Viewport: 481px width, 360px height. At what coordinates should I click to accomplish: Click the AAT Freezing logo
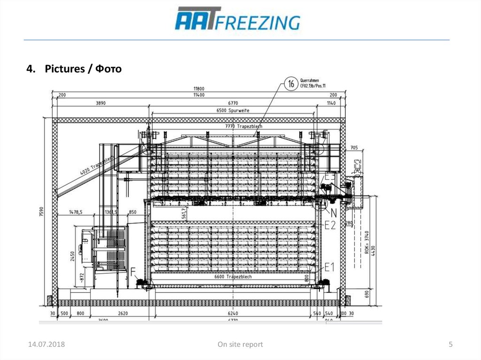pos(237,20)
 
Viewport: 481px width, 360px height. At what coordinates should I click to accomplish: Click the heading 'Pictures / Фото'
pos(74,69)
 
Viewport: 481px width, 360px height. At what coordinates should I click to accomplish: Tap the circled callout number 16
pos(291,84)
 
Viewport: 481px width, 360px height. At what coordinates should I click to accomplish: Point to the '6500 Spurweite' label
pos(233,110)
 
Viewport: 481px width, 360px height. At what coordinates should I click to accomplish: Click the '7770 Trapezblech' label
pos(243,126)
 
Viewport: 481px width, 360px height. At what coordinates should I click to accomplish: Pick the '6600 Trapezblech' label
pos(233,277)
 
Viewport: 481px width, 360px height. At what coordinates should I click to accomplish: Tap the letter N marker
pos(334,212)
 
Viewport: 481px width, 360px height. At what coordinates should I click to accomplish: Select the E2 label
pos(330,225)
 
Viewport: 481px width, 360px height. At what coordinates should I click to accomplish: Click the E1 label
pos(329,267)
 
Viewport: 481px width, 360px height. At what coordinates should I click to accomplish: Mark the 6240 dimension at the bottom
pos(233,313)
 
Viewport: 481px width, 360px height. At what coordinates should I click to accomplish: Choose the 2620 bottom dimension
pos(123,313)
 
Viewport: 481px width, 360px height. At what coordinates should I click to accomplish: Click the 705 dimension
pos(354,148)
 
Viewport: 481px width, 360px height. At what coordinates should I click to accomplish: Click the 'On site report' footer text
pos(240,345)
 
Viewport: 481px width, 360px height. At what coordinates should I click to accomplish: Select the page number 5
pos(450,345)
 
